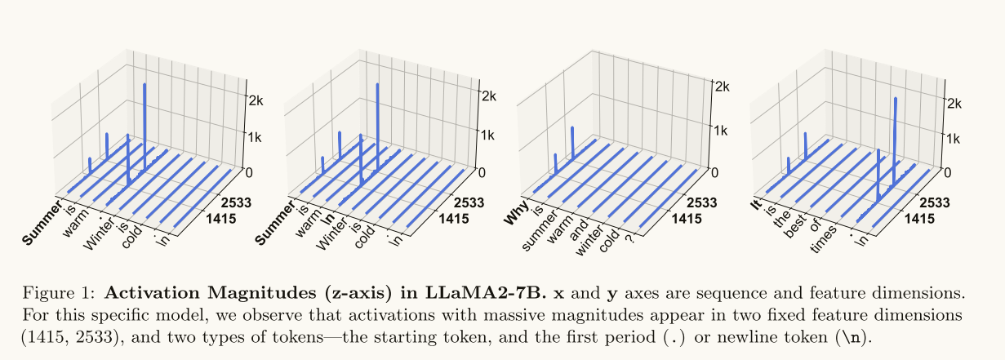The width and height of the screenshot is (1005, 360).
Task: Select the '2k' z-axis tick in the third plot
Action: coord(719,85)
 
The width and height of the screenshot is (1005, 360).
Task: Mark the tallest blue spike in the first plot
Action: coord(145,122)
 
